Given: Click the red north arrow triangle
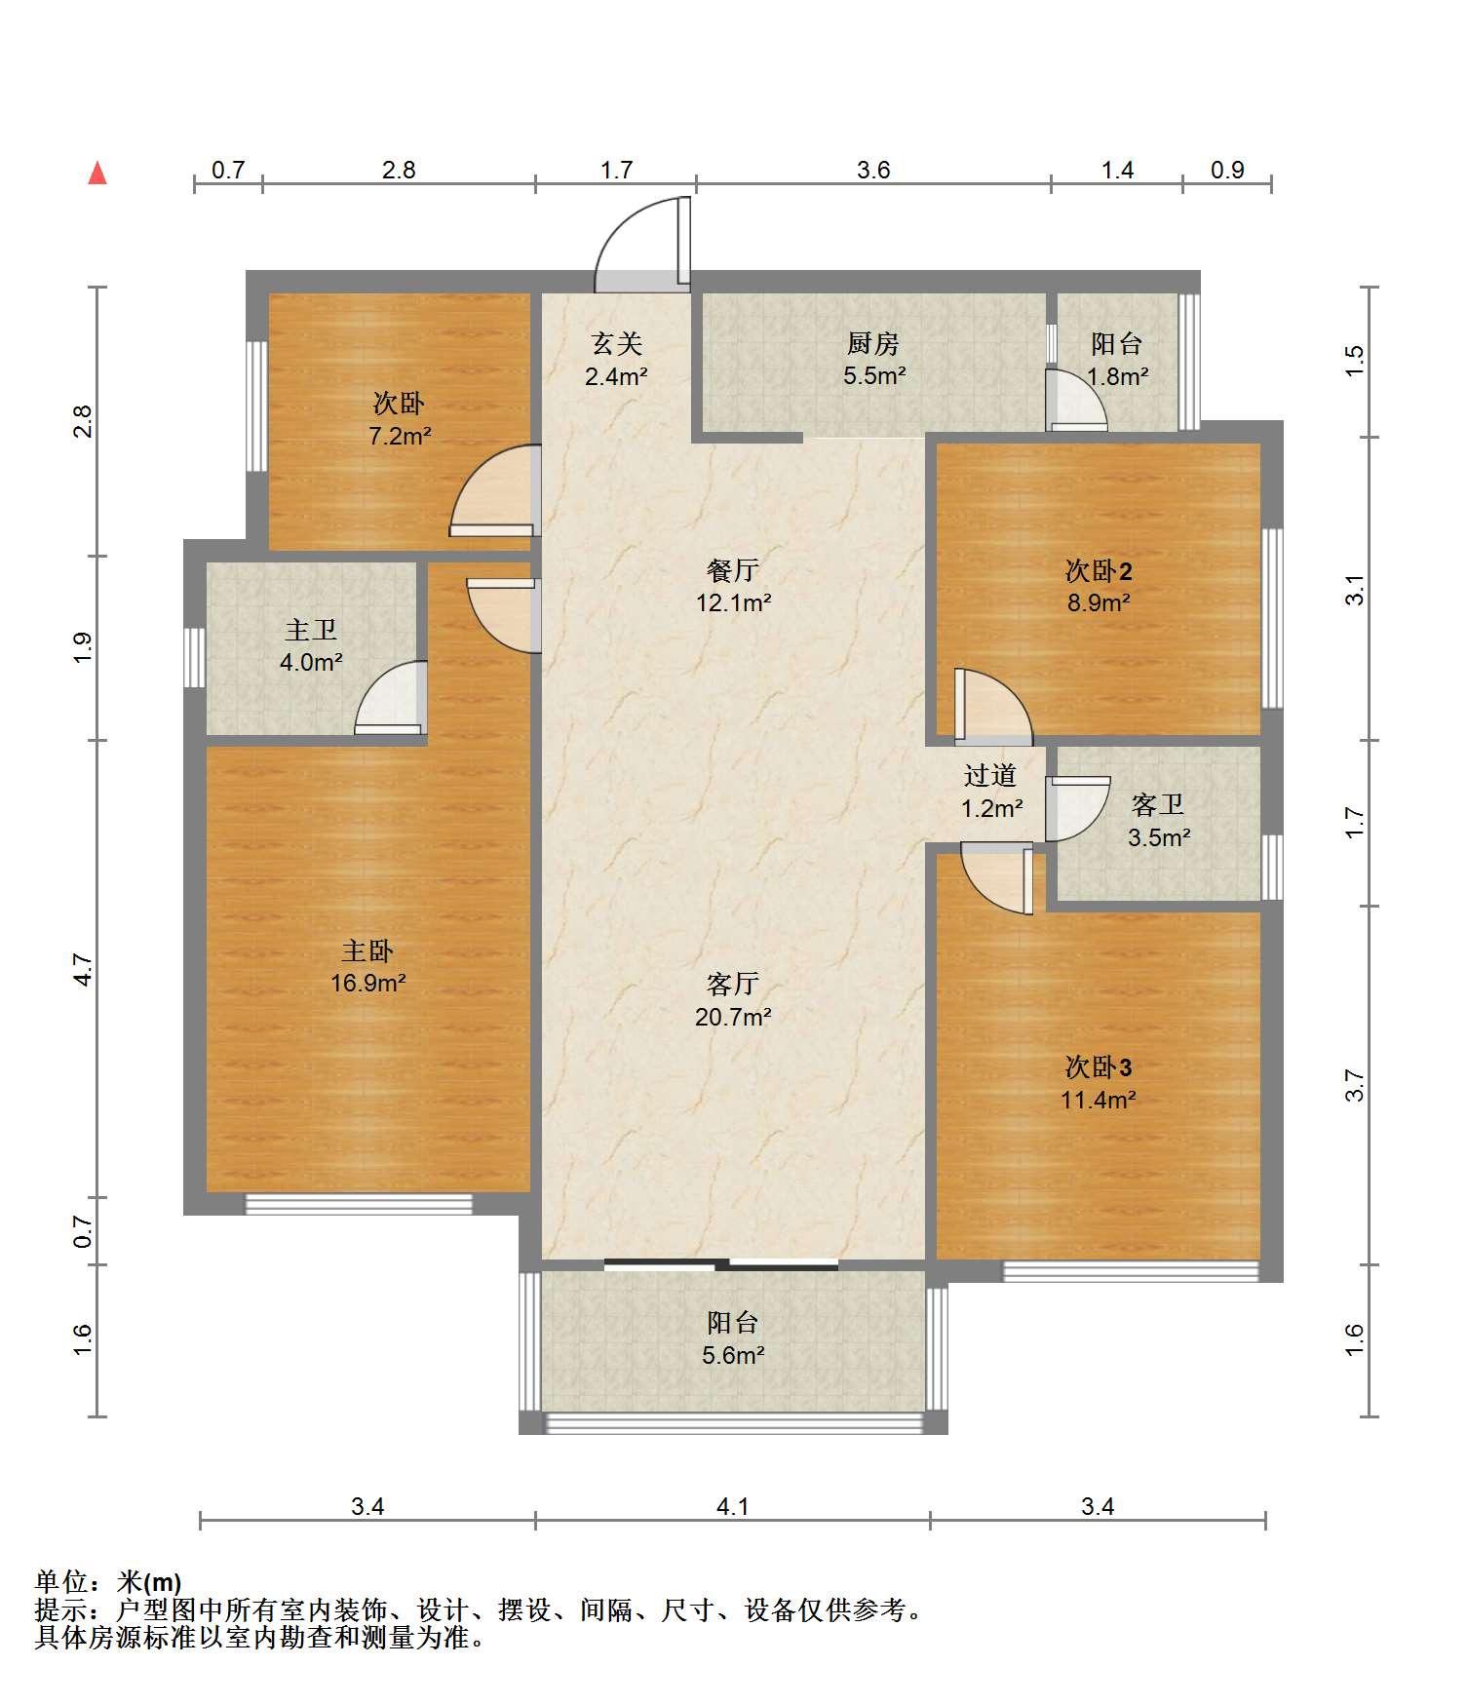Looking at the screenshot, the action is point(97,174).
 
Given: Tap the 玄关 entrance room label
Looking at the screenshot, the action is point(617,344).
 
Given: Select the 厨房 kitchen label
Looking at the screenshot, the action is point(873,344).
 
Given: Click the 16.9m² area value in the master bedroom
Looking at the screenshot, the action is point(367,983).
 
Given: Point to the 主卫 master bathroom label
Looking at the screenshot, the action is point(311,632).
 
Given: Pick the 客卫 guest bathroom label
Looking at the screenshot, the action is point(1158,805).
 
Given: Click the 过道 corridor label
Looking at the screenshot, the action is point(990,776).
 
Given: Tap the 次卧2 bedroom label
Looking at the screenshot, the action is point(1099,570).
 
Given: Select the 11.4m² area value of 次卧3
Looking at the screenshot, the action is point(1099,1101).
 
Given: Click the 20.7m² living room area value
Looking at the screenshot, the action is point(733,1018).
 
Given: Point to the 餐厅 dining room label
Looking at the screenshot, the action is point(733,570).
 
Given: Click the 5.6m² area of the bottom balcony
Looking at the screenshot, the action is point(733,1356).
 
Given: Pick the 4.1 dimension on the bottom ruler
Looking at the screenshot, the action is point(733,1507).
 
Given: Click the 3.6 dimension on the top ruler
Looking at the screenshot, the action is point(873,171).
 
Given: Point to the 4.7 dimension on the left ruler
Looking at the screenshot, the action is point(84,970).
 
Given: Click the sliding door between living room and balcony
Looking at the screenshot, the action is point(721,1265).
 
